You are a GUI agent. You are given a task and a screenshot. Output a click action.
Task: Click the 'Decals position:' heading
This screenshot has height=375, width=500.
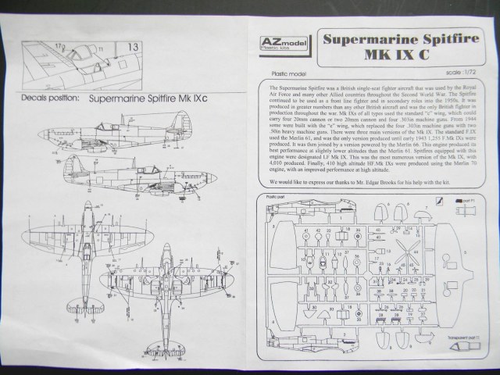(43, 101)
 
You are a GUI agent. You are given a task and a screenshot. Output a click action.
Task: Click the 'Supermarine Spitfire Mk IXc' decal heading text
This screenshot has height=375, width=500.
(148, 101)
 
